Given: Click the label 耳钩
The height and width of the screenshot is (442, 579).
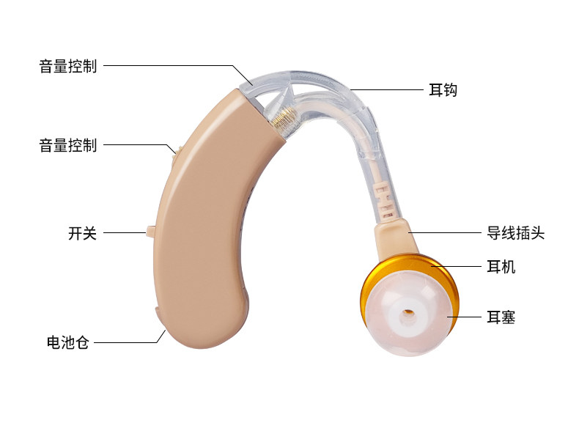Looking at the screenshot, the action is (443, 90).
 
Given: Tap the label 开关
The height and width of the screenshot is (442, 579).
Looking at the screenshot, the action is (82, 233).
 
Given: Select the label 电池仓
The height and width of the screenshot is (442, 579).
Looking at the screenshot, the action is (68, 342).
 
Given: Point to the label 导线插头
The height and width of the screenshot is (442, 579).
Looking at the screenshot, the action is (515, 233).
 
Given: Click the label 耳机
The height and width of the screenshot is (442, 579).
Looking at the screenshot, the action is (501, 267).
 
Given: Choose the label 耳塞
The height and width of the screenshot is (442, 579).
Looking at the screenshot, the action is (501, 317).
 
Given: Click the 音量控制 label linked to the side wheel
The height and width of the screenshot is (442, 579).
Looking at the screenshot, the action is (68, 145).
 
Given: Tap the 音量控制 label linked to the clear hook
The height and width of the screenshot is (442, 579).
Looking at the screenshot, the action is (68, 66).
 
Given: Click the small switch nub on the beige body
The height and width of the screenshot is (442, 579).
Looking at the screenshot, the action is (151, 231).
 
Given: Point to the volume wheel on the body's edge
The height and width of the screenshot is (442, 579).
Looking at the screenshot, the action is (175, 155).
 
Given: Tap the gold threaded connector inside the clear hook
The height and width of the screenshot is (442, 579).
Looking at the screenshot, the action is (284, 119).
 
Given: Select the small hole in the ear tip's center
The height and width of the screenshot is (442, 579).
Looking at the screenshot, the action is (408, 314).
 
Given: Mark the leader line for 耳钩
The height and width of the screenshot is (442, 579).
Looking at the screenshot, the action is (386, 89).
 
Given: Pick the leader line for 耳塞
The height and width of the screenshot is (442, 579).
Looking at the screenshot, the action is (464, 317).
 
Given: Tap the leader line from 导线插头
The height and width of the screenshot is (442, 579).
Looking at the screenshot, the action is (445, 232).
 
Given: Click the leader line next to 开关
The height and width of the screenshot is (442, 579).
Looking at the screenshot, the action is (125, 232).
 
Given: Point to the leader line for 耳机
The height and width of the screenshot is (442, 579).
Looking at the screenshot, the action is (456, 266).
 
